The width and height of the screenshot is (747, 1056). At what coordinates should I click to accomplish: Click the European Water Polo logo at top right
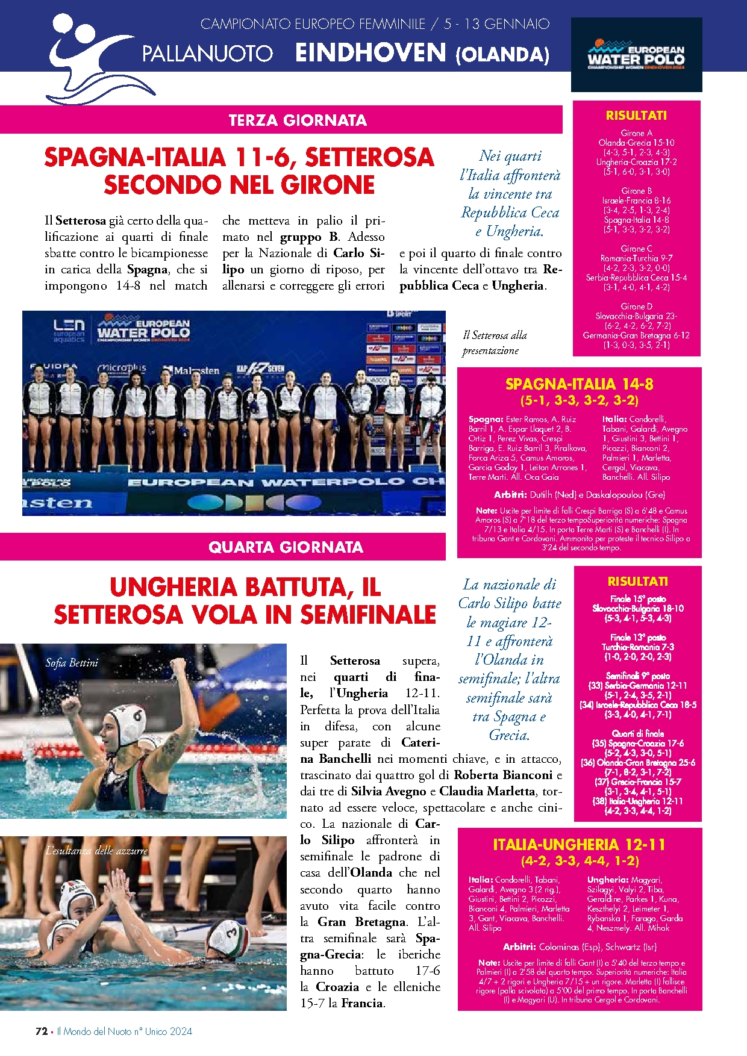click(636, 55)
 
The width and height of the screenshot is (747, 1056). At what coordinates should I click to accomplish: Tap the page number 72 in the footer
click(42, 1031)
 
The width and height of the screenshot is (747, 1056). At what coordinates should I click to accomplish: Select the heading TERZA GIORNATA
click(298, 120)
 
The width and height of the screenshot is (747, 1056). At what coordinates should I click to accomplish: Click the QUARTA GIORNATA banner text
click(286, 547)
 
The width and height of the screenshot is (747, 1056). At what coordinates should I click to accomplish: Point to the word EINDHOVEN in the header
click(370, 53)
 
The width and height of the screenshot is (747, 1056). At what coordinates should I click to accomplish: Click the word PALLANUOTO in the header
click(207, 54)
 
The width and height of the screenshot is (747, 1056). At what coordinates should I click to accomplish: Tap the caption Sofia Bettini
click(72, 663)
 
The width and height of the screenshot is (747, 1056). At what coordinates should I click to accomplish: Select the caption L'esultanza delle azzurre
click(96, 850)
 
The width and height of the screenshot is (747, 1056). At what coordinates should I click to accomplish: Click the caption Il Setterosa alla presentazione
click(495, 343)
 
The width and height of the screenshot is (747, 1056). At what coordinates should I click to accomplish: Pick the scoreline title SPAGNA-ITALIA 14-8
click(579, 384)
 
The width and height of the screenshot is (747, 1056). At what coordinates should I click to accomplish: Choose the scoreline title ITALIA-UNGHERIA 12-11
click(579, 845)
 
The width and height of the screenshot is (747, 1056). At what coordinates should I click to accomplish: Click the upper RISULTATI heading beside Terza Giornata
click(636, 116)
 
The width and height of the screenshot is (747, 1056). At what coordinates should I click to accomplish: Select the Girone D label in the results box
click(636, 306)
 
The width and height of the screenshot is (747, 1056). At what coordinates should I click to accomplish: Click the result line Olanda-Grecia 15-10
click(636, 143)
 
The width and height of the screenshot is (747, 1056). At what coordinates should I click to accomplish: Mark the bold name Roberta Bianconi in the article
click(502, 775)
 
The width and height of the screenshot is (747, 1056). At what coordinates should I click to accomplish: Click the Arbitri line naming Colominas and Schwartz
click(579, 946)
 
